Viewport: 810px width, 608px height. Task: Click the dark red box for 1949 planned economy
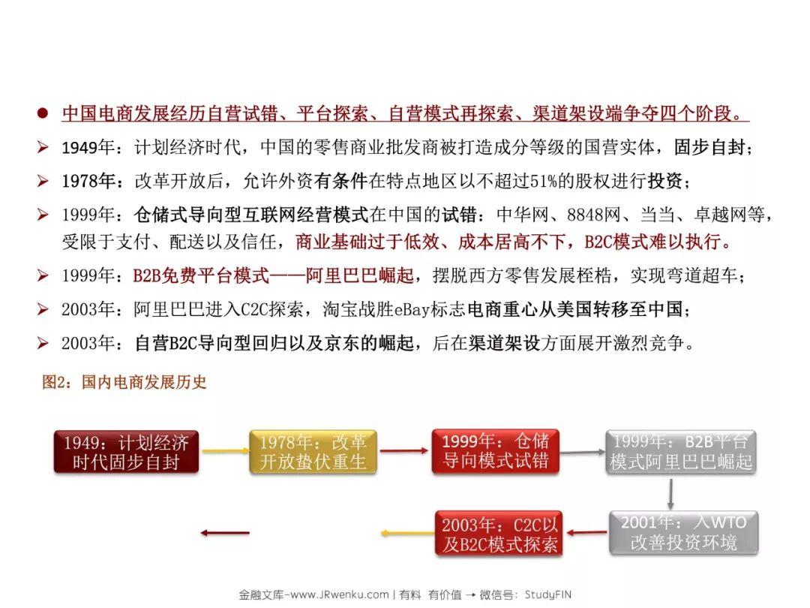[126, 452]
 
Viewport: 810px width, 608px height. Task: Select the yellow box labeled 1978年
[313, 452]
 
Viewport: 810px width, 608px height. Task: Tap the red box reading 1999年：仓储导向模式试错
[496, 451]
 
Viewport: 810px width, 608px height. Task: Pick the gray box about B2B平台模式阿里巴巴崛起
[681, 452]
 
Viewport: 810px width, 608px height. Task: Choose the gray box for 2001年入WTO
[683, 533]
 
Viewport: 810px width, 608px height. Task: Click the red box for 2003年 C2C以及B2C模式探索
[499, 533]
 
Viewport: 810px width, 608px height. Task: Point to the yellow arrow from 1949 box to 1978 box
[225, 451]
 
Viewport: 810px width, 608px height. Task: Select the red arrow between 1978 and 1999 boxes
[404, 451]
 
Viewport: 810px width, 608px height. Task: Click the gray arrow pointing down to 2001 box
[670, 494]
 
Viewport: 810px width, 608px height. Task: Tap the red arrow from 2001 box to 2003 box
[586, 532]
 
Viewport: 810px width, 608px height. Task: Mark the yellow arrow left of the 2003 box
[407, 533]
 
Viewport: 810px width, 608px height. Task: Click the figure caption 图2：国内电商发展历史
[124, 382]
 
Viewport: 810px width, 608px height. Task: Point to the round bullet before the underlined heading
[43, 113]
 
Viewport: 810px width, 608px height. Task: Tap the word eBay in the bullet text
[412, 309]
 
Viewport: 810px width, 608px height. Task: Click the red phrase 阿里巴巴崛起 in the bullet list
[359, 275]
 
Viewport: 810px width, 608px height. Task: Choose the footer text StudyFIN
[548, 594]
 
